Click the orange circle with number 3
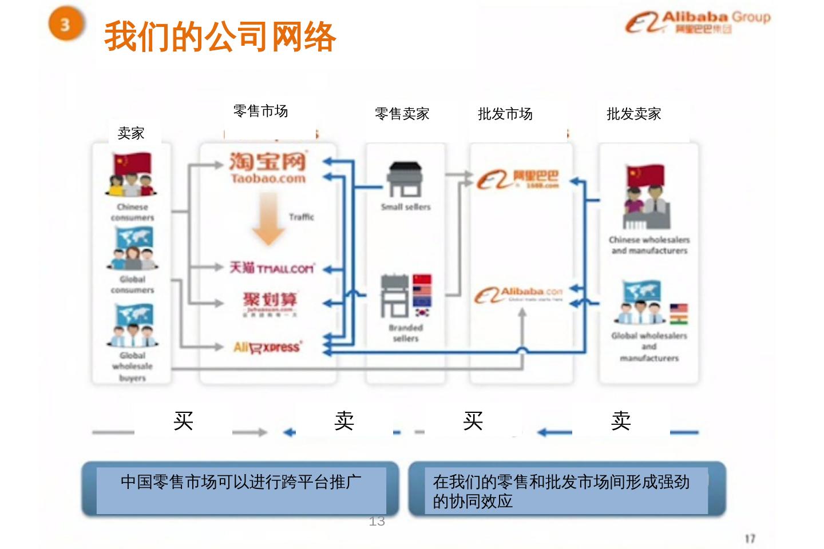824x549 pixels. tap(65, 25)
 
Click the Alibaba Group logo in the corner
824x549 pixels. tap(698, 22)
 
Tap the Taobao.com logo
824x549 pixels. tap(268, 168)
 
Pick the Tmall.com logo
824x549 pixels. tap(272, 268)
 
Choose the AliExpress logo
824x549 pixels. tap(267, 347)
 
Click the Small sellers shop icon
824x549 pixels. tap(405, 179)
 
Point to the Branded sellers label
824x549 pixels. tap(406, 333)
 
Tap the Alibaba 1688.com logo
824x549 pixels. tap(518, 179)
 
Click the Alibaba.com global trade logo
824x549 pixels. tap(518, 295)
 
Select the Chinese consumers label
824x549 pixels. tap(132, 212)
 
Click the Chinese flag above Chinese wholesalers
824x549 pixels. tap(645, 175)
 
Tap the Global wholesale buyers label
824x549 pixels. tap(132, 367)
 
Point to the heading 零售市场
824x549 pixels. tap(260, 111)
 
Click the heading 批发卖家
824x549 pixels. tap(633, 114)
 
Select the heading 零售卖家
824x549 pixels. tap(402, 114)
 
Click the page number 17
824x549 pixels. tap(750, 538)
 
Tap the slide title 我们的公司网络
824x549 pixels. tap(220, 37)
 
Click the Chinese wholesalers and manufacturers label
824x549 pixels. tap(649, 245)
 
